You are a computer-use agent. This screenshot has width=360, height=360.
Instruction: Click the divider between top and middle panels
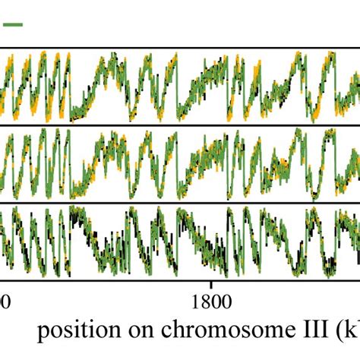(180, 125)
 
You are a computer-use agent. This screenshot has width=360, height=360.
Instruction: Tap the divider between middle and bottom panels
(180, 202)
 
